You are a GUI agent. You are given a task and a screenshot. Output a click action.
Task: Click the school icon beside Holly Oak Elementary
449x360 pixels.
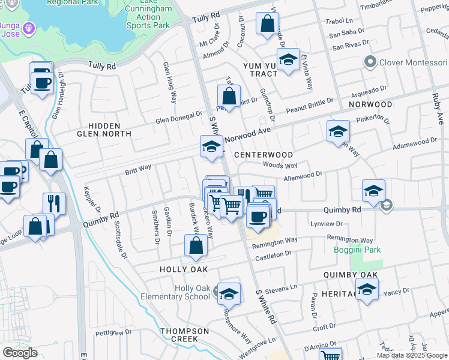(x=229, y=293)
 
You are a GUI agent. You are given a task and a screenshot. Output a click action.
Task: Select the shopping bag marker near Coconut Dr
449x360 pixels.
(x=267, y=24)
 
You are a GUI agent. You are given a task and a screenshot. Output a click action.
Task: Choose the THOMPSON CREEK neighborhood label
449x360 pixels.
(x=179, y=335)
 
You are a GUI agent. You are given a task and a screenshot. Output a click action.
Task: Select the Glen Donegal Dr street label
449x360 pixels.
(x=179, y=116)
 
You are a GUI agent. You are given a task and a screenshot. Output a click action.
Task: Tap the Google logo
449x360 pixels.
(x=20, y=353)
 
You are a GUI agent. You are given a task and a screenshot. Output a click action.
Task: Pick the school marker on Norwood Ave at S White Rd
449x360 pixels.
(x=211, y=146)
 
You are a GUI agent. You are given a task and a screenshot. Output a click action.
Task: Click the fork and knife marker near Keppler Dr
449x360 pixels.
(x=54, y=203)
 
